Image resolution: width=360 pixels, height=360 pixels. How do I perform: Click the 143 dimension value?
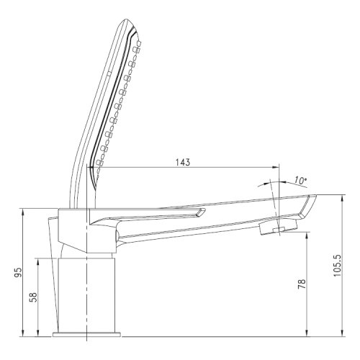point(183,162)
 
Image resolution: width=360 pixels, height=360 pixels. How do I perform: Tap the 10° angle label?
point(301,180)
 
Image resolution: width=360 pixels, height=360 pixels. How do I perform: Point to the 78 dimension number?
point(302,284)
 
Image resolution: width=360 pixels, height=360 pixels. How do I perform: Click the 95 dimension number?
point(18,273)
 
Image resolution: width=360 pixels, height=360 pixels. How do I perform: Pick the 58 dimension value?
point(34,297)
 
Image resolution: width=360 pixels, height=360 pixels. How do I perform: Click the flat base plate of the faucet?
point(86,335)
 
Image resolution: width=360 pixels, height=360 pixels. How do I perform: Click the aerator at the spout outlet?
point(278,228)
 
